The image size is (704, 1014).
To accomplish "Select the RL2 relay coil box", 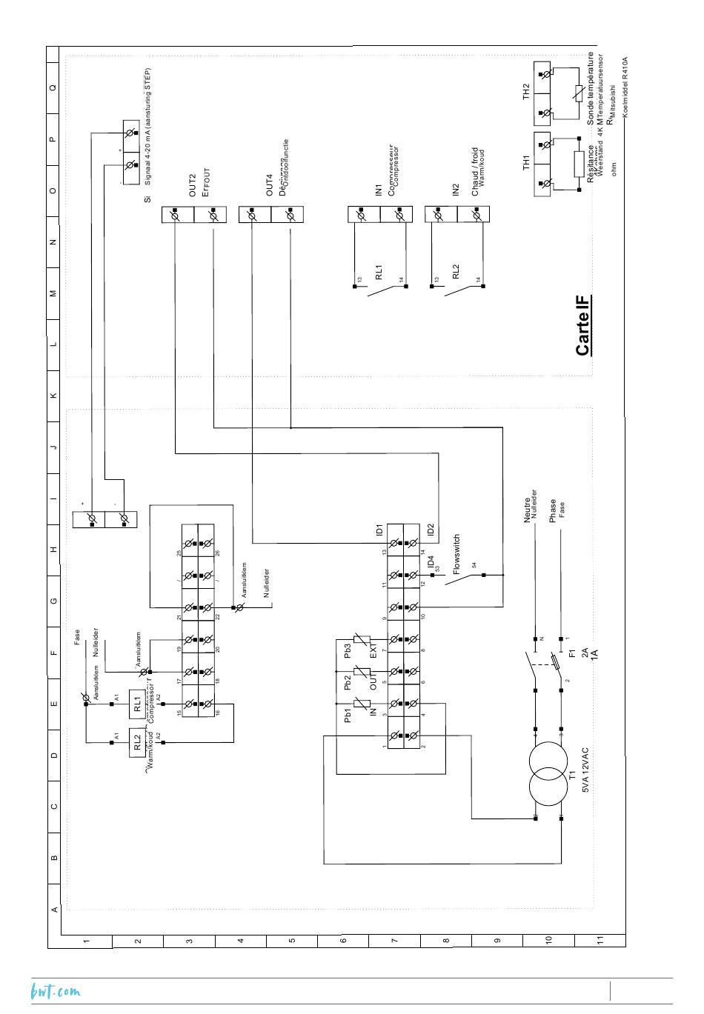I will click(138, 742).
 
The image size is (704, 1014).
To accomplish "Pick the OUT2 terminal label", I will click(192, 185).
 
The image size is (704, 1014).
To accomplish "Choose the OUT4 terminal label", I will click(270, 185).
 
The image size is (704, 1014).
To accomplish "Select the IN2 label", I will click(456, 190).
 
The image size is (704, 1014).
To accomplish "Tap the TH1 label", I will click(527, 164).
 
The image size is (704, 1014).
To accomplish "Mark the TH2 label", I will click(527, 92).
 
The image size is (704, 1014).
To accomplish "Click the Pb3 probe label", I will click(348, 650).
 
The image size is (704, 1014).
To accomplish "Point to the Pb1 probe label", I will click(348, 716).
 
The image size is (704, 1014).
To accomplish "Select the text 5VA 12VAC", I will click(585, 770).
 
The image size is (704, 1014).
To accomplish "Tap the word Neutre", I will click(528, 510).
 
